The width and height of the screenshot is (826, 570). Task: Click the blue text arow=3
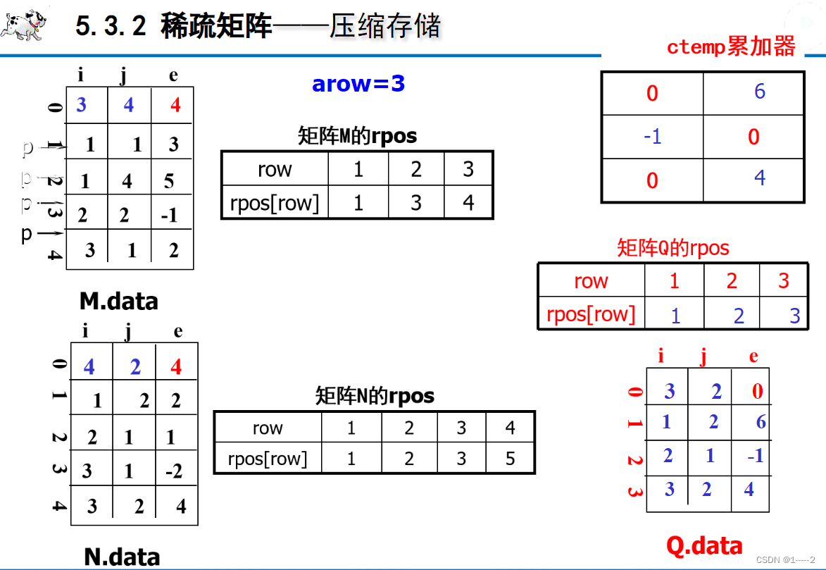coord(358,84)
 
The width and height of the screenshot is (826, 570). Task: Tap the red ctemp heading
coord(731,47)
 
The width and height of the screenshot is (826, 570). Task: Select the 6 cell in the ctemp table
coord(759,92)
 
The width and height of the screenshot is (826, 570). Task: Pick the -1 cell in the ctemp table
coord(652,136)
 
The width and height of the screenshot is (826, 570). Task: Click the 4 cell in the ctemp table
coord(759,178)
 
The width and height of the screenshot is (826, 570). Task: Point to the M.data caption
coord(118,302)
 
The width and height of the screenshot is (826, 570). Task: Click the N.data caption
coord(122,557)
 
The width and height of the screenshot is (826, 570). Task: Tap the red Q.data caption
coord(704,545)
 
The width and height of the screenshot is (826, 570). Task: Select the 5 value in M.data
coord(169,181)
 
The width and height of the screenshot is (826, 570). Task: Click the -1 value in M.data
coord(169,216)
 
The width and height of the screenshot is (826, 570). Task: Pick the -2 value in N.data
coord(174,471)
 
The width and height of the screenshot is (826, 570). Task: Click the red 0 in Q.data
coord(757,392)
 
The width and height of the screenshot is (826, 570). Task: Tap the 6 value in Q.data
coord(761,423)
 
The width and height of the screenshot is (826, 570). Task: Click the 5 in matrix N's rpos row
coord(510,459)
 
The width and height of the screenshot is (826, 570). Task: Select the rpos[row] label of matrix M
coord(274,203)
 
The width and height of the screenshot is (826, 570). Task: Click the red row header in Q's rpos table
coord(591,281)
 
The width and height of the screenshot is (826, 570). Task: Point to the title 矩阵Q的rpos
coord(672,248)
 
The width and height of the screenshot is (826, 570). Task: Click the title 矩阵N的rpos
coord(375,396)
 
